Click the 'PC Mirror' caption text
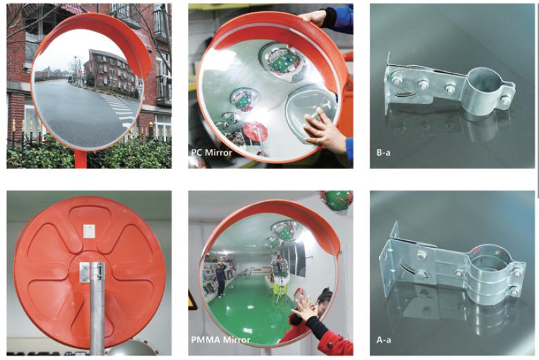pos(212,152)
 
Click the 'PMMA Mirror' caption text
pos(221,340)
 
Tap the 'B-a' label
pos(383,152)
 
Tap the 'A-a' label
pos(383,340)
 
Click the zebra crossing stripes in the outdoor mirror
pos(121,110)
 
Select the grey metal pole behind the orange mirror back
pos(97,309)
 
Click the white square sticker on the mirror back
pos(89,231)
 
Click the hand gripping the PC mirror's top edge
pos(315,17)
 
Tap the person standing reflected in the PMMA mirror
pos(220,278)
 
